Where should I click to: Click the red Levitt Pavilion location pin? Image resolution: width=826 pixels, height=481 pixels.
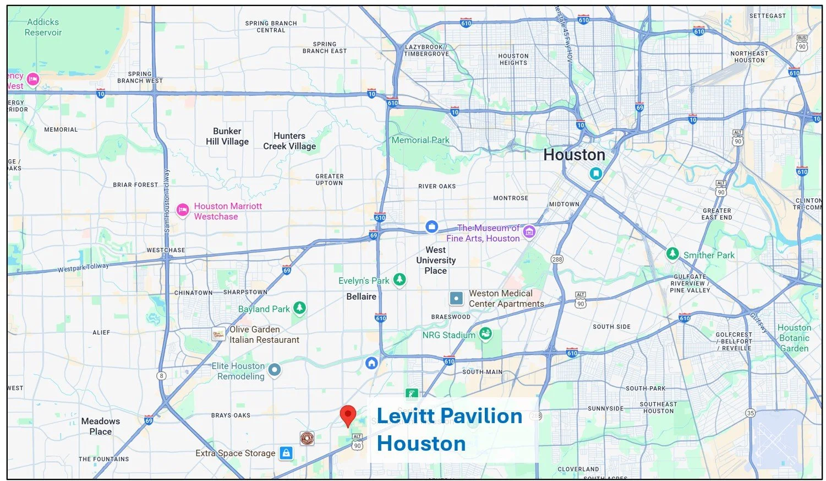click(x=348, y=414)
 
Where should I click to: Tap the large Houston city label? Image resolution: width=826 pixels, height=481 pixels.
click(x=574, y=155)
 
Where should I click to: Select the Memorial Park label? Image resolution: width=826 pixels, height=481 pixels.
click(x=420, y=140)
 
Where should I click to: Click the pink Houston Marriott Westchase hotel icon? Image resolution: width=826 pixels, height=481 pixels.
click(x=183, y=210)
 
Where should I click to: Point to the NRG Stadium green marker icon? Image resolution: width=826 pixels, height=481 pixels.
click(x=485, y=333)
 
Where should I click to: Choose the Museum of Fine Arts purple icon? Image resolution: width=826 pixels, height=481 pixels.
click(x=529, y=231)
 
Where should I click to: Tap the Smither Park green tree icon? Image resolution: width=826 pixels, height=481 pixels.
click(x=672, y=253)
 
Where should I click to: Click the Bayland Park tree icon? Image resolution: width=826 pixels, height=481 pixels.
click(x=299, y=307)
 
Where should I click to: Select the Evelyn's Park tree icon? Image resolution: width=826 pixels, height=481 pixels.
click(x=400, y=279)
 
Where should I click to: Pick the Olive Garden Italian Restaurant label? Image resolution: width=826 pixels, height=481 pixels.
click(x=264, y=334)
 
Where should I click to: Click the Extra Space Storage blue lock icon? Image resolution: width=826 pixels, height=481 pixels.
click(x=286, y=453)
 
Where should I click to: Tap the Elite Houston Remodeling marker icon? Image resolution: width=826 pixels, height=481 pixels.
click(x=274, y=370)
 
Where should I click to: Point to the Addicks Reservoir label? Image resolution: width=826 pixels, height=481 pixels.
click(x=43, y=27)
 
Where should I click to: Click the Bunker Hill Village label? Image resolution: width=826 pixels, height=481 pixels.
click(x=227, y=136)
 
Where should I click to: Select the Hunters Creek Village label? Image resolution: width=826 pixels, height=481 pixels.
click(x=289, y=141)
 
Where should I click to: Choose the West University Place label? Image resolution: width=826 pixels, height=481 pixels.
click(x=435, y=260)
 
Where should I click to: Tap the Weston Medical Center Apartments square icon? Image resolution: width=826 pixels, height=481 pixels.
click(x=456, y=299)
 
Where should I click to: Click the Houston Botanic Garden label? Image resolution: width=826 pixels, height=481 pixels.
click(x=794, y=338)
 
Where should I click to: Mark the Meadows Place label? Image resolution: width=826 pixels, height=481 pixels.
click(x=100, y=426)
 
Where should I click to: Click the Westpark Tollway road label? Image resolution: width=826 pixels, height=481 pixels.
click(x=83, y=268)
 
